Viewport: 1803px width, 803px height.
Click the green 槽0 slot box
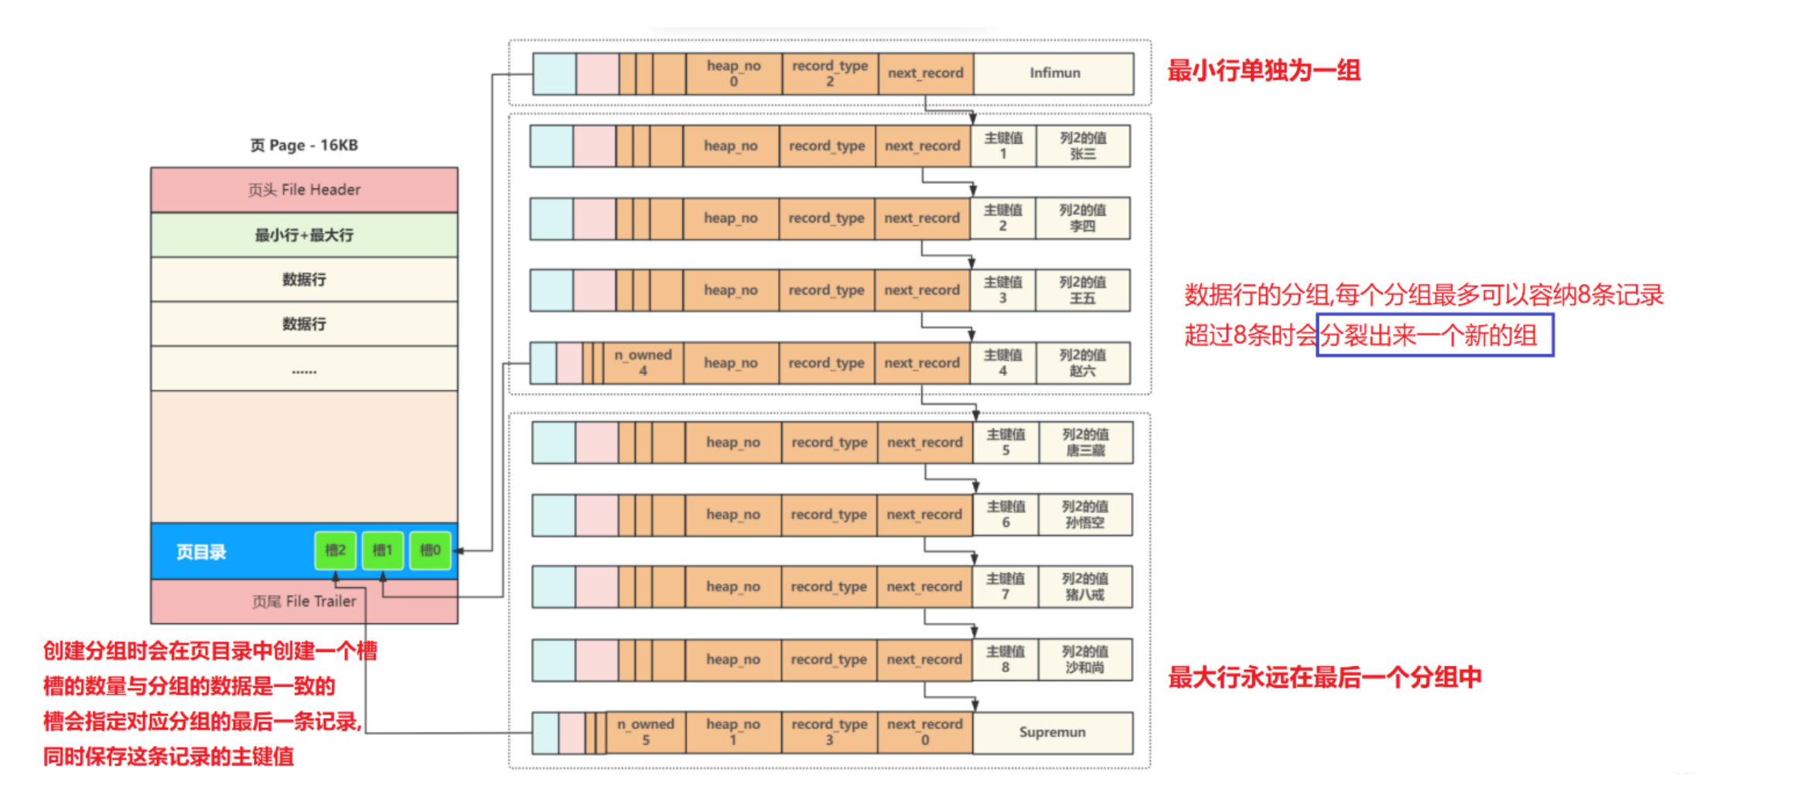pyautogui.click(x=430, y=551)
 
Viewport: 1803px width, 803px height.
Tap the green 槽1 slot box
pyautogui.click(x=382, y=551)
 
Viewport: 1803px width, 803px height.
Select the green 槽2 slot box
pyautogui.click(x=335, y=551)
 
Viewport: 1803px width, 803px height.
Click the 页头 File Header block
pyautogui.click(x=304, y=190)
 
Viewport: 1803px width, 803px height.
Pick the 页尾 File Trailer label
pyautogui.click(x=304, y=601)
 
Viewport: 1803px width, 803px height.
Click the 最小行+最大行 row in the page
pyautogui.click(x=304, y=235)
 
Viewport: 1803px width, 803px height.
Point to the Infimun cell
pyautogui.click(x=1054, y=73)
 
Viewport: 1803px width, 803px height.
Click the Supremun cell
pyautogui.click(x=1052, y=733)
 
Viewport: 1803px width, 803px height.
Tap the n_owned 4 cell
pyautogui.click(x=643, y=363)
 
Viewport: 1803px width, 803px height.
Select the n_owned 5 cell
pyautogui.click(x=645, y=733)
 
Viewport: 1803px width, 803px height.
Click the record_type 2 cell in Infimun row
pyautogui.click(x=829, y=73)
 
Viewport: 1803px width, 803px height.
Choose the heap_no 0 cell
pyautogui.click(x=733, y=73)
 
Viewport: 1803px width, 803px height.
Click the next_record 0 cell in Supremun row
pyautogui.click(x=924, y=733)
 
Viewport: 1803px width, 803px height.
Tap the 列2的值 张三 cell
pyautogui.click(x=1082, y=146)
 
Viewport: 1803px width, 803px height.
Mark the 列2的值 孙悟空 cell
pyautogui.click(x=1084, y=514)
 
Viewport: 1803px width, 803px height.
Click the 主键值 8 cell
pyautogui.click(x=1005, y=659)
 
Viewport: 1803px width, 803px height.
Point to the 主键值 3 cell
pyautogui.click(x=1002, y=290)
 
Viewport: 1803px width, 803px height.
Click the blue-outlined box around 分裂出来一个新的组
pyautogui.click(x=1435, y=336)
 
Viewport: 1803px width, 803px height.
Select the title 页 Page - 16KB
pyautogui.click(x=304, y=145)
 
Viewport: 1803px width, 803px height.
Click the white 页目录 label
pyautogui.click(x=201, y=552)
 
